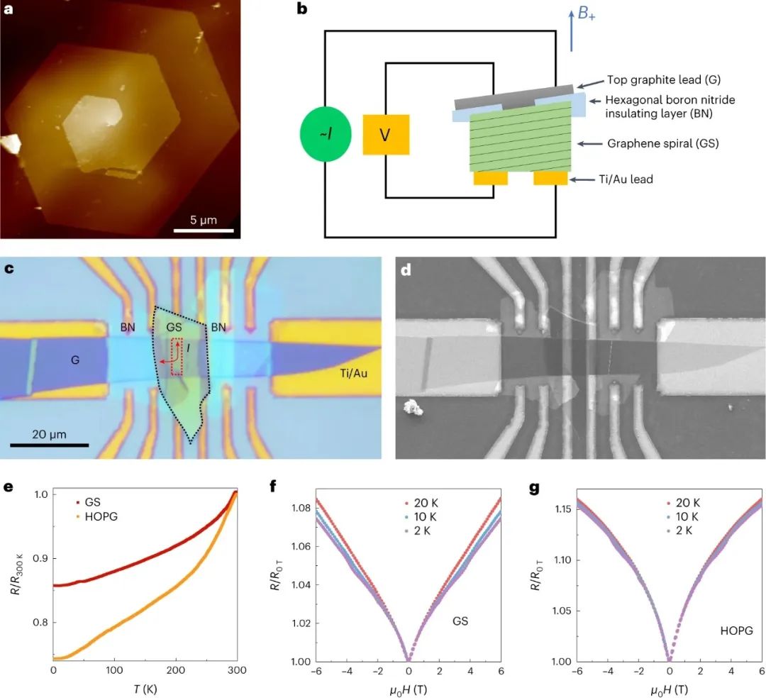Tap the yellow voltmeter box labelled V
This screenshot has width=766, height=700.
[385, 135]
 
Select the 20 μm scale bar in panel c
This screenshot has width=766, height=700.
[50, 445]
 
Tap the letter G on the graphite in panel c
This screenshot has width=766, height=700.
[74, 360]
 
